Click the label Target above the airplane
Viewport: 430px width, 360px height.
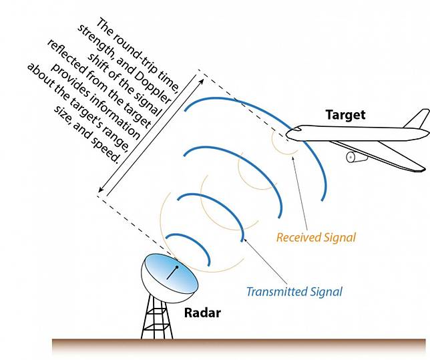(x=345, y=114)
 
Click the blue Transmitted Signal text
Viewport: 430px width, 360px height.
(x=294, y=291)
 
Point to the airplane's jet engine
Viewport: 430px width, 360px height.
(x=354, y=158)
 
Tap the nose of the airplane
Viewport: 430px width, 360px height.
(x=288, y=136)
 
